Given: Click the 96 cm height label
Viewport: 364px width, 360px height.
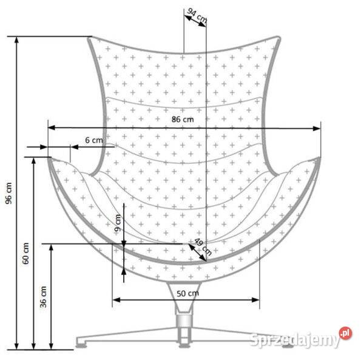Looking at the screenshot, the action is (8, 193).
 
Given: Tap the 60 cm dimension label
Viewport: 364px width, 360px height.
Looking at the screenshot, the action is (25, 253).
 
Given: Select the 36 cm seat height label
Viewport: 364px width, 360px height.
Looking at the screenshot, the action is (43, 297).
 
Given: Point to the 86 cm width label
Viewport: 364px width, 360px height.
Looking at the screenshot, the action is (183, 120).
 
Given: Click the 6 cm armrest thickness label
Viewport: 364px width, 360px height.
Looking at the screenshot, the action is (94, 140).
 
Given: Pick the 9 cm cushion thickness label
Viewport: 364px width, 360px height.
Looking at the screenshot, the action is (118, 223).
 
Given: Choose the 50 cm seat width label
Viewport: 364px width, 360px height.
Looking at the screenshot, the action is (188, 294).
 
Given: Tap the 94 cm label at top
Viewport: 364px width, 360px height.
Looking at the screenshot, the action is (197, 15).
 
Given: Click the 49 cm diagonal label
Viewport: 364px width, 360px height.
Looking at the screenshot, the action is (203, 246).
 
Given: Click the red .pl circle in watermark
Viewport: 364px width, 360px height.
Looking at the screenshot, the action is (345, 333).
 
